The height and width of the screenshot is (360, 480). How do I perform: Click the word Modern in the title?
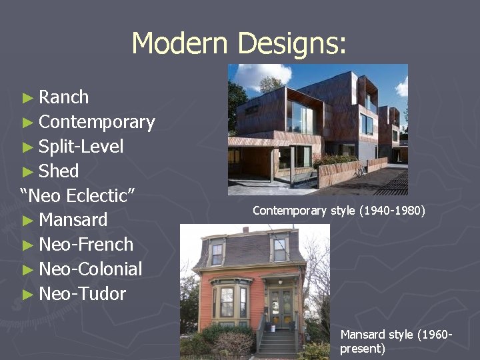coord(181,43)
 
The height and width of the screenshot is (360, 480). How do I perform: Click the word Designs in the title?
coord(291,43)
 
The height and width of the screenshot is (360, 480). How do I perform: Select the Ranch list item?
coord(63,97)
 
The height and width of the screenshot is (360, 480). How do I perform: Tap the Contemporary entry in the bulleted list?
coord(97,122)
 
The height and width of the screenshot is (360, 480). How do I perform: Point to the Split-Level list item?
coord(81,147)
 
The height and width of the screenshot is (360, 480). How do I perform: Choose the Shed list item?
coord(59,171)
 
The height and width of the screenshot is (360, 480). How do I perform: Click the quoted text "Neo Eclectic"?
coord(78,196)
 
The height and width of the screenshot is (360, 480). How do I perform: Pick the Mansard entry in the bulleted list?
coord(73,220)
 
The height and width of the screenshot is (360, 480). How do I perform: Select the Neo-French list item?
coord(86,245)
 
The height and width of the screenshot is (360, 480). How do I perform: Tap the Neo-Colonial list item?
coord(90,269)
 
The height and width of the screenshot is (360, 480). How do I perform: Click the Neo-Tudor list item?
coord(82,294)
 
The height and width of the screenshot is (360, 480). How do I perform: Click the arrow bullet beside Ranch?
coord(27,98)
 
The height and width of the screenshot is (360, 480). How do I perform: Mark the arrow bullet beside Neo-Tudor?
coord(27,295)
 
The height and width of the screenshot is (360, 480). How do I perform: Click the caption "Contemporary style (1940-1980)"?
coord(339,211)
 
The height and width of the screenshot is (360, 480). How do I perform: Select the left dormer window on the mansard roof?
coord(217,253)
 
